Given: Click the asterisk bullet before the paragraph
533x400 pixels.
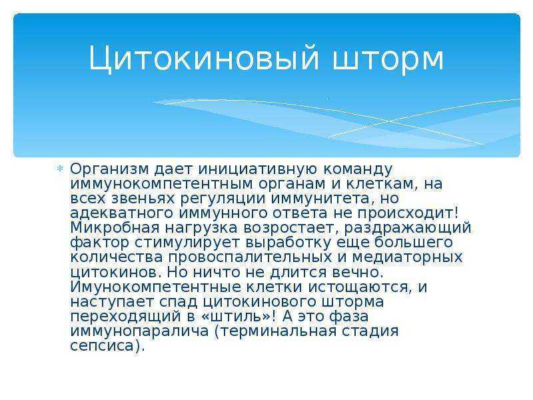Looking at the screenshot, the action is point(60,169).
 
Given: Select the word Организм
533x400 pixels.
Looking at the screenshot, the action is point(109,169).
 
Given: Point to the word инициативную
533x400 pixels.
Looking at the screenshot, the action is point(257,169).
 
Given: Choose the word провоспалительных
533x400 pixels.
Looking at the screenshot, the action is point(250,257).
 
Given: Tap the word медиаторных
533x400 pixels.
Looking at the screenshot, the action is point(407,257).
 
